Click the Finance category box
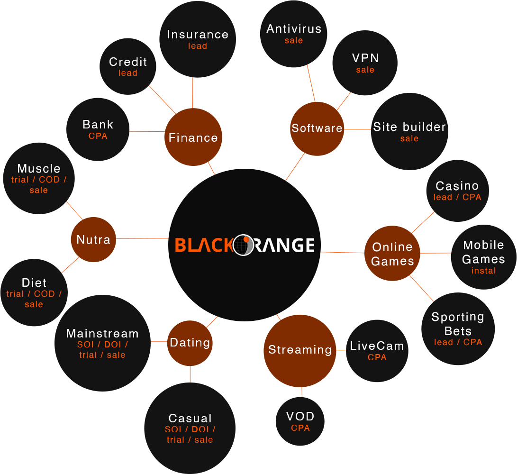click(193, 137)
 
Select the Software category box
click(317, 128)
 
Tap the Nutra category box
click(93, 239)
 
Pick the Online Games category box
click(392, 254)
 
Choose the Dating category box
click(190, 342)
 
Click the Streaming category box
click(300, 350)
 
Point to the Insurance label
click(198, 35)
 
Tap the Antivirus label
click(294, 29)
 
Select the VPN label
click(365, 58)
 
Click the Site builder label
click(409, 127)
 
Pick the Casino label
click(457, 186)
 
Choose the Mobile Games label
click(483, 252)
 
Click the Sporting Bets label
click(458, 324)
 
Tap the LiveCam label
click(377, 346)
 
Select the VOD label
click(300, 417)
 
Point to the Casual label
click(190, 419)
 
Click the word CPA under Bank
click(98, 136)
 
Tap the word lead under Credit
click(128, 73)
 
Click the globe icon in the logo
click(244, 245)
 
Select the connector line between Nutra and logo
click(142, 238)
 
